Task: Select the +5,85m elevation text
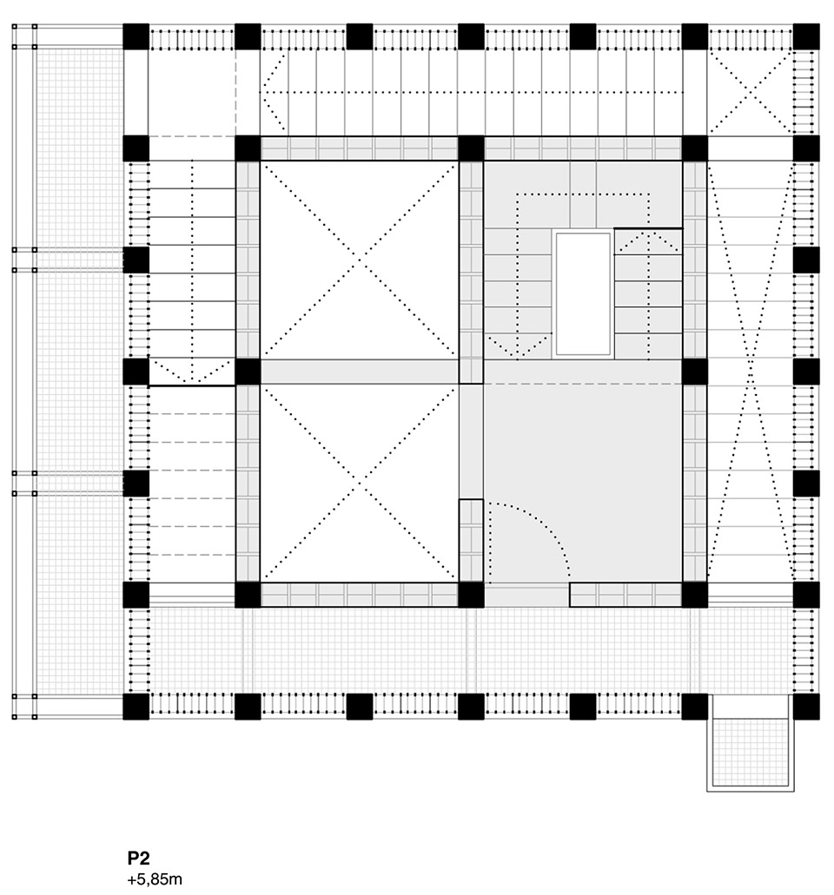tap(155, 879)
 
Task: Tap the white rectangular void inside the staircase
tap(584, 293)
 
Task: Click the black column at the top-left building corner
tap(136, 37)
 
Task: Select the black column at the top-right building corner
tap(805, 37)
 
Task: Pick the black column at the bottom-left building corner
tap(136, 707)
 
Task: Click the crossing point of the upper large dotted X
tap(359, 260)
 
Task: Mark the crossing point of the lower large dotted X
tap(359, 483)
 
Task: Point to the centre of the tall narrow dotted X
tap(750, 371)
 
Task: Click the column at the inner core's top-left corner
tap(248, 148)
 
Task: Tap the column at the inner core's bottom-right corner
tap(694, 595)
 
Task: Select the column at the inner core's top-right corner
tap(694, 148)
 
